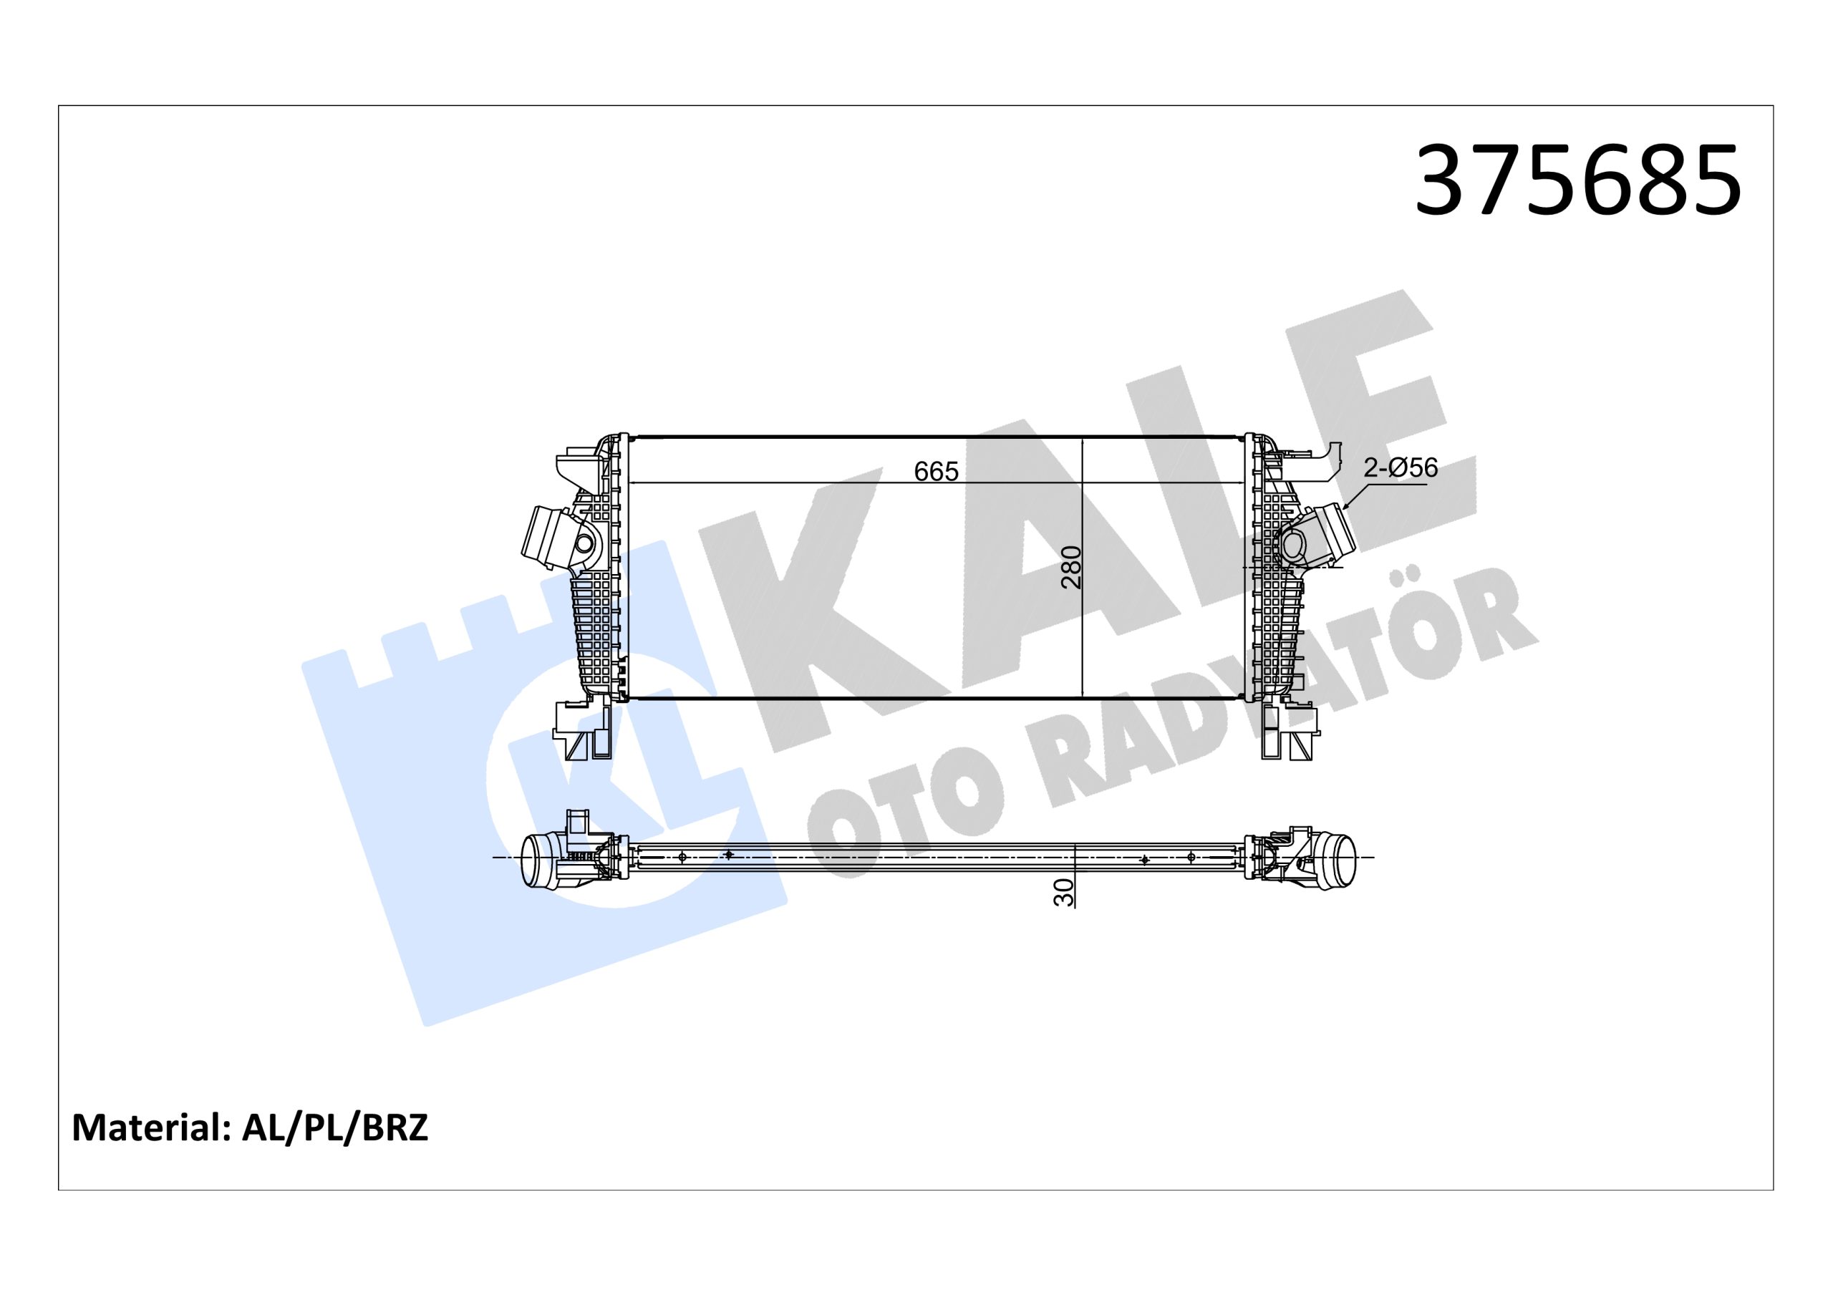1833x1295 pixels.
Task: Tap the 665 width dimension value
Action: pyautogui.click(x=936, y=472)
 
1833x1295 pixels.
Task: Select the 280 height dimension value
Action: pyautogui.click(x=1071, y=567)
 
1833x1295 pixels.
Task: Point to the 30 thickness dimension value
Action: pyautogui.click(x=1063, y=893)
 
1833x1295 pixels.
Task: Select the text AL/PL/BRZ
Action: pyautogui.click(x=335, y=1127)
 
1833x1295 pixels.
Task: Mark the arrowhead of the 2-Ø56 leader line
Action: pyautogui.click(x=1346, y=506)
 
